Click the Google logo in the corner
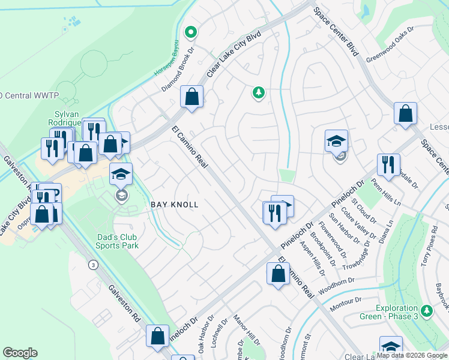pos(20,353)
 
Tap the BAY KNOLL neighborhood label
pos(174,205)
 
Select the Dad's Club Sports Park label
pos(118,241)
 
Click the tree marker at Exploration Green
pos(427,311)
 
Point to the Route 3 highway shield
pos(92,265)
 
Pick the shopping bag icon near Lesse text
pos(406,113)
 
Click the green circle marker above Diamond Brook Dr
pos(191,32)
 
